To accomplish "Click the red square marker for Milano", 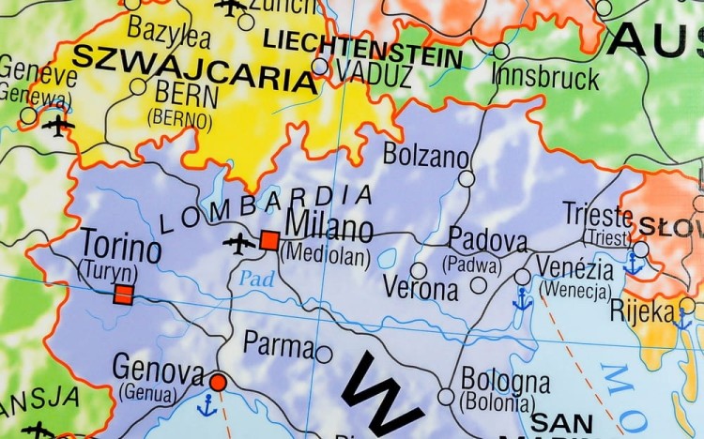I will pos(269,240).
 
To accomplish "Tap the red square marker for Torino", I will pos(122,295).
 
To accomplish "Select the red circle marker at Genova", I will pos(218,382).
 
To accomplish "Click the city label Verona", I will pos(420,288).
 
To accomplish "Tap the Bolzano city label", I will pos(425,154).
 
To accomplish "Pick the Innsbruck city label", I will pos(544,75).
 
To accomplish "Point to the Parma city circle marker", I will pos(324,354).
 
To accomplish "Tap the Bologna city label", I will pos(505,381).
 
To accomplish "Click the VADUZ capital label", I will pos(373,72).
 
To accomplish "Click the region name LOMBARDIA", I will pos(267,209).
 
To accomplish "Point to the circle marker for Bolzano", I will pos(467,178).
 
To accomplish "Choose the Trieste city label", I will pos(598,213).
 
